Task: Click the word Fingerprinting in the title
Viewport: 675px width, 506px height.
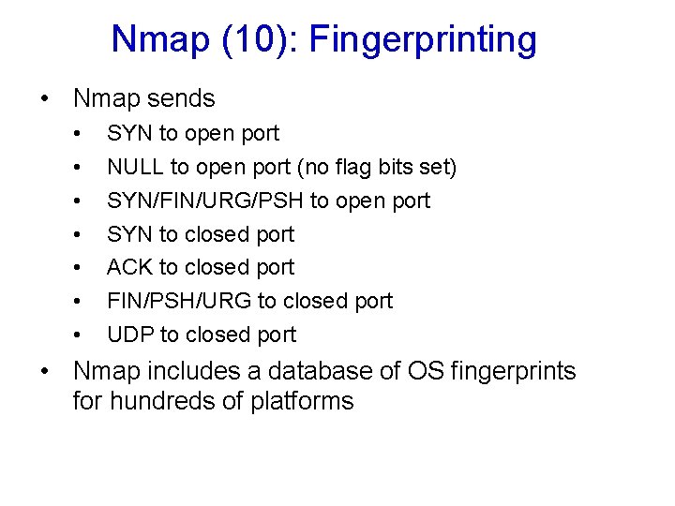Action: click(x=423, y=40)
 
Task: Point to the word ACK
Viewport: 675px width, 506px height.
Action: click(x=129, y=268)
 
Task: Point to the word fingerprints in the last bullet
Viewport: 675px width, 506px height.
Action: click(x=513, y=371)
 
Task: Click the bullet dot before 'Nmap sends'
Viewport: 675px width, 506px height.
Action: click(x=45, y=99)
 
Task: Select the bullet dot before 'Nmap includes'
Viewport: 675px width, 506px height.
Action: click(x=45, y=372)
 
